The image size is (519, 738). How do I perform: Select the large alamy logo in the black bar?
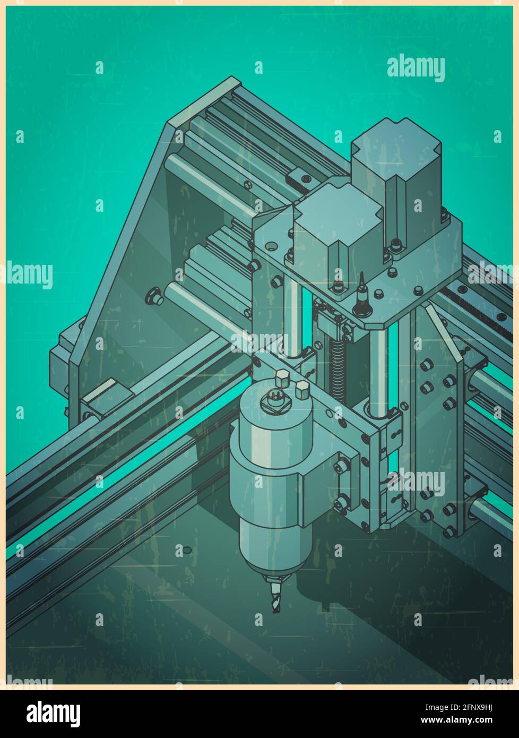[54, 714]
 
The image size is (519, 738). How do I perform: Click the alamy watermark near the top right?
[416, 68]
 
